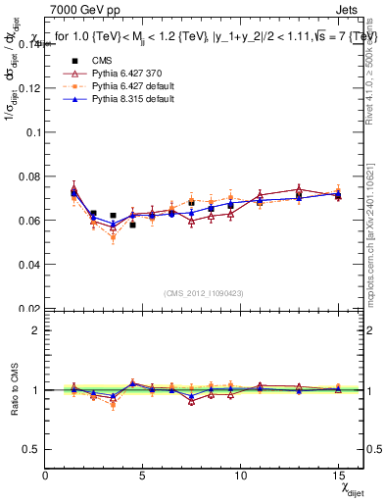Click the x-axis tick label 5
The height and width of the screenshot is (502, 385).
pos(144,476)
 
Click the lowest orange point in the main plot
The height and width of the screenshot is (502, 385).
pos(114,238)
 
